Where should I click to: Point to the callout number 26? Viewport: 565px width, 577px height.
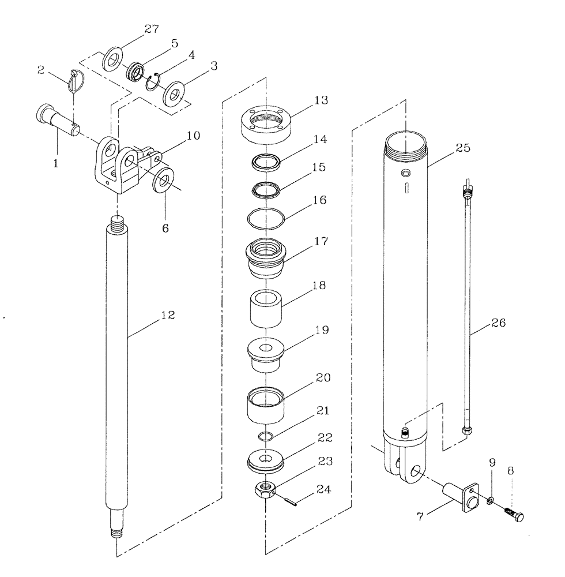(498, 323)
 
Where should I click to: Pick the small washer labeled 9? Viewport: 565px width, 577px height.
(491, 500)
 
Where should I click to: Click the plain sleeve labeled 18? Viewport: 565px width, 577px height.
(264, 310)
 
